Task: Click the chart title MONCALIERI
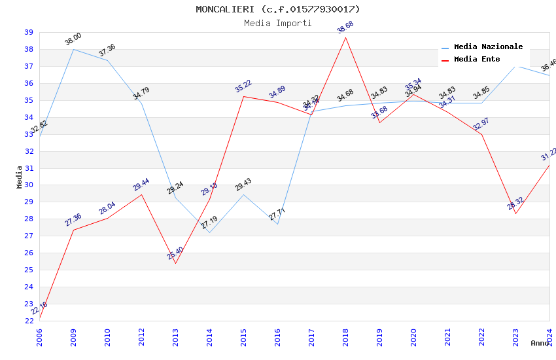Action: tap(277, 9)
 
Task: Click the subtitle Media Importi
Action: tap(277, 23)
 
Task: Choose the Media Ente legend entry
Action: tap(476, 60)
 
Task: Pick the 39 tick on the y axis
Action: tap(29, 32)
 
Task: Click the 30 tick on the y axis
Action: tap(29, 185)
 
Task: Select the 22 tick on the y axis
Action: tap(29, 321)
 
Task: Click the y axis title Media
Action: tap(20, 177)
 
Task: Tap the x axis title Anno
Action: tap(540, 343)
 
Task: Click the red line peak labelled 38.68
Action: tap(345, 37)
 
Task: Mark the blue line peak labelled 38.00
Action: tap(73, 49)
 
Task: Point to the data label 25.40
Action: tap(175, 254)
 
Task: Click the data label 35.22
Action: tap(243, 86)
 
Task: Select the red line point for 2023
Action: tap(515, 213)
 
